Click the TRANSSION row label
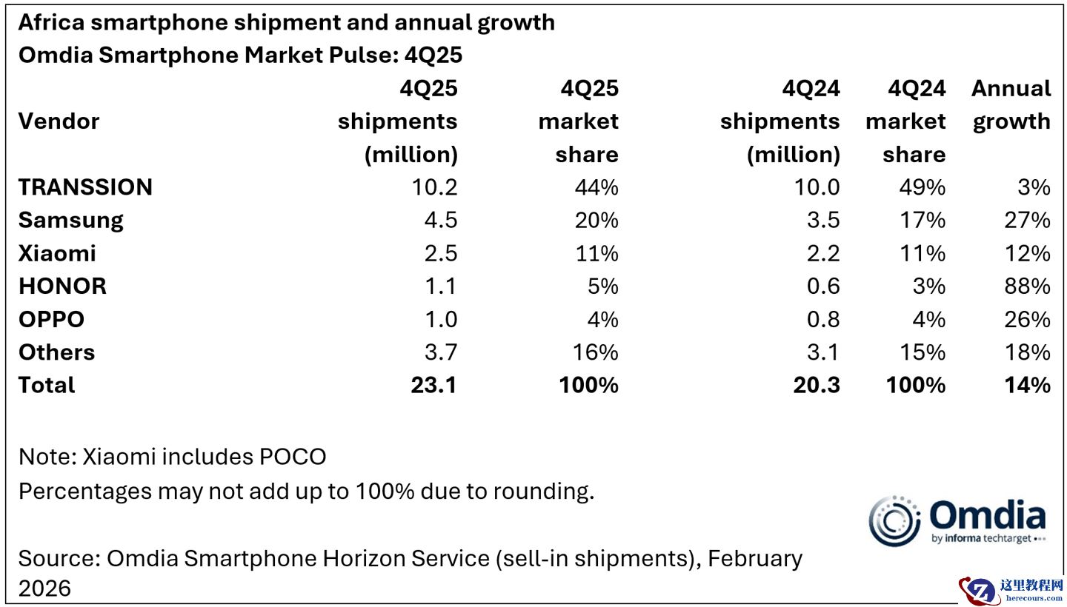(85, 187)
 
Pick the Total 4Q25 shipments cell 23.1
(433, 386)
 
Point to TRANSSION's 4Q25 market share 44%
(596, 187)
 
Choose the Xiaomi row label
(57, 254)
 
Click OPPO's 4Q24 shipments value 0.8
(822, 320)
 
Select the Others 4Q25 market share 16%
(596, 352)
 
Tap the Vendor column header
(59, 121)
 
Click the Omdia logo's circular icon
(894, 521)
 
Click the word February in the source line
(754, 558)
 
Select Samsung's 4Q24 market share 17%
(924, 221)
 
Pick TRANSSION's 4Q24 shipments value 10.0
(816, 187)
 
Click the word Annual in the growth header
(1011, 89)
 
